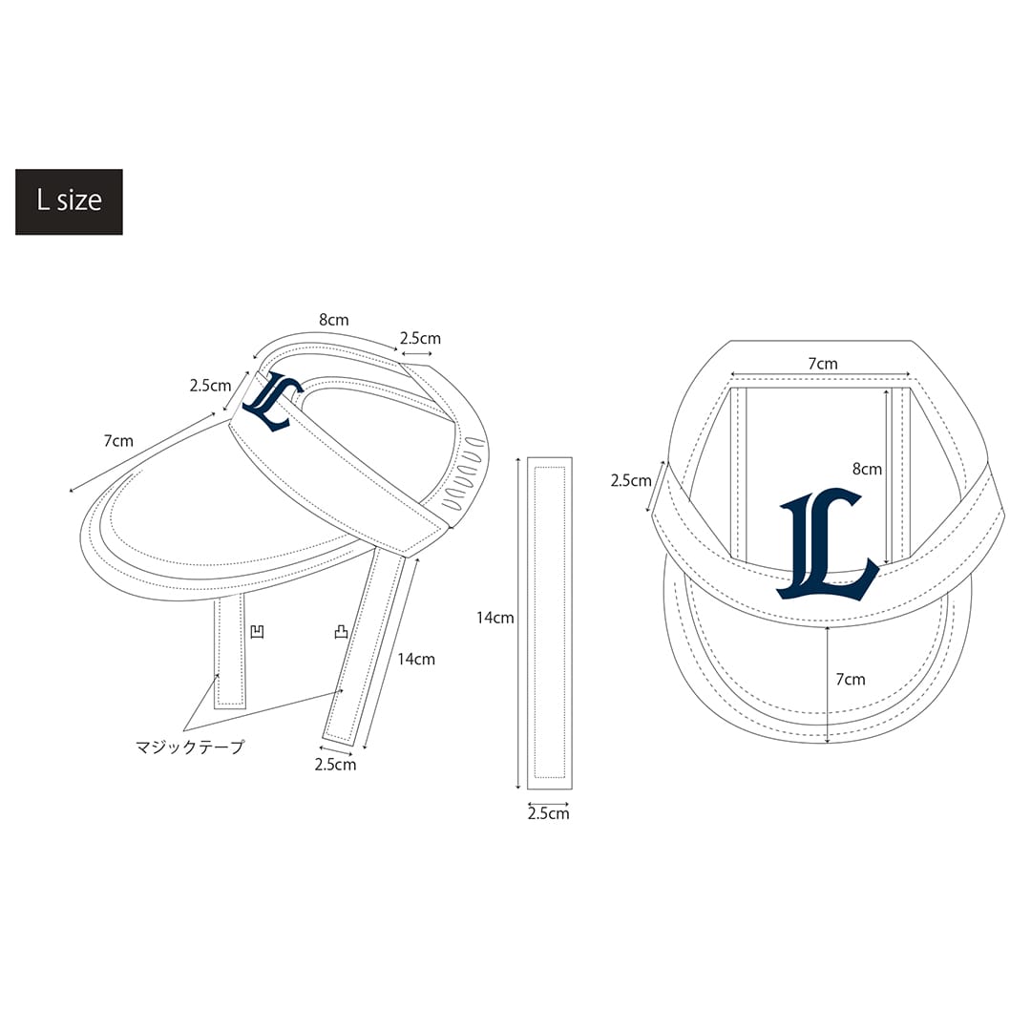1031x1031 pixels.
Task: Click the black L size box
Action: [69, 201]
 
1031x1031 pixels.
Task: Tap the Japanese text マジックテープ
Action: [190, 747]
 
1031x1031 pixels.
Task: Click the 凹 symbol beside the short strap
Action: [258, 632]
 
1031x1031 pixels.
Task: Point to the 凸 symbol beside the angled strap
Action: [341, 632]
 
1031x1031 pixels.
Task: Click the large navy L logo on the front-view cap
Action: [828, 544]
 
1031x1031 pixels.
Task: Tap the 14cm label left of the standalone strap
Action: [495, 618]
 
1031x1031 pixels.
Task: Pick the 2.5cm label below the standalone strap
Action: [548, 813]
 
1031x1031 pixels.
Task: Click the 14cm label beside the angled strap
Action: [416, 659]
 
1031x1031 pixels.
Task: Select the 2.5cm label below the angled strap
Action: [335, 765]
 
